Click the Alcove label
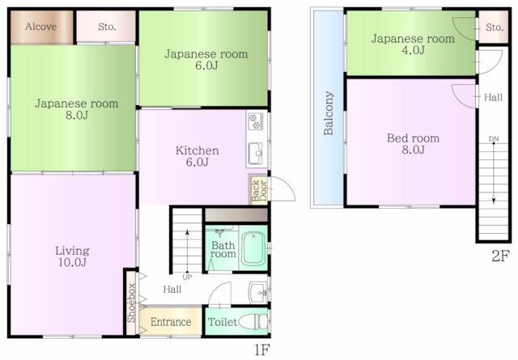[41, 27]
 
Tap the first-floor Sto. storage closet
[106, 27]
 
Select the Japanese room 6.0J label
[206, 59]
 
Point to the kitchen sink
[256, 153]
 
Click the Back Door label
[259, 191]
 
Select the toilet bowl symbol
[253, 321]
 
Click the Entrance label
[171, 322]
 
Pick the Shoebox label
[131, 303]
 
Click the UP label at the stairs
[187, 277]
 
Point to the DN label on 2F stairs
[494, 139]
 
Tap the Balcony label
[329, 113]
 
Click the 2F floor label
[500, 256]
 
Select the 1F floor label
[262, 349]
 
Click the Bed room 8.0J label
[414, 144]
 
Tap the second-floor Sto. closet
[494, 27]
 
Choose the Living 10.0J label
[72, 256]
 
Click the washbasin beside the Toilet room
[258, 292]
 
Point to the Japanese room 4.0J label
[413, 44]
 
